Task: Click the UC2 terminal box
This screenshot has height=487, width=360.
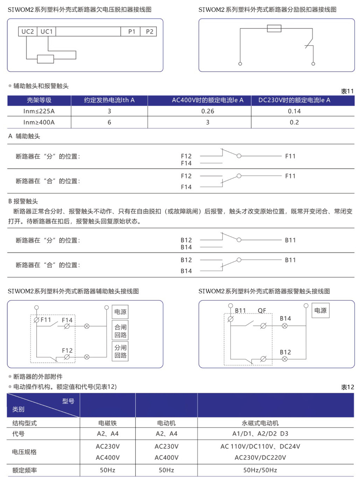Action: (x=28, y=32)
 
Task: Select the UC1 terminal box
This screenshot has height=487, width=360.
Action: (x=46, y=32)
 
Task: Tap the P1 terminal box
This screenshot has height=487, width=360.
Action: (x=132, y=32)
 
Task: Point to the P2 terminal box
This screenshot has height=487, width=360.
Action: (x=149, y=32)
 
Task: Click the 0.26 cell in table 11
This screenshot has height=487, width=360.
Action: (x=208, y=111)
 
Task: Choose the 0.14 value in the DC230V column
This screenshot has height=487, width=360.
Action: (x=294, y=111)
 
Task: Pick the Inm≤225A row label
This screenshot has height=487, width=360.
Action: (x=39, y=111)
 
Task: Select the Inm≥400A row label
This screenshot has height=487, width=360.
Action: (x=39, y=122)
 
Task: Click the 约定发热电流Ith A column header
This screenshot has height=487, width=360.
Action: (x=109, y=100)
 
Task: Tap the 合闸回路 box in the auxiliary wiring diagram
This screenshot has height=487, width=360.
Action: (x=120, y=331)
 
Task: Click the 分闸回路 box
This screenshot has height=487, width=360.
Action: (x=120, y=352)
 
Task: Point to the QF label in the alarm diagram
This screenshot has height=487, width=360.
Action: (x=262, y=310)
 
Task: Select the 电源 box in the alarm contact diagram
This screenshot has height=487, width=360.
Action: (x=320, y=310)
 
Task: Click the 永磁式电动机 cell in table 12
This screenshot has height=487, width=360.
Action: (x=260, y=423)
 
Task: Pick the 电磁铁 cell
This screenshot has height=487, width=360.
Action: (x=108, y=423)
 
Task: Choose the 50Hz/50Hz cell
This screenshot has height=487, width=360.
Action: (x=260, y=470)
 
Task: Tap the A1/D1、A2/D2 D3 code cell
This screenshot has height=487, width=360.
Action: (x=260, y=434)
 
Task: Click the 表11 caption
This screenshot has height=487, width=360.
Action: (x=347, y=91)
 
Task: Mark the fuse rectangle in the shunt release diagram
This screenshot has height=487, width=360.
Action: (x=274, y=28)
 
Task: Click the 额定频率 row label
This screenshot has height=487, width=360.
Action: (x=24, y=470)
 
